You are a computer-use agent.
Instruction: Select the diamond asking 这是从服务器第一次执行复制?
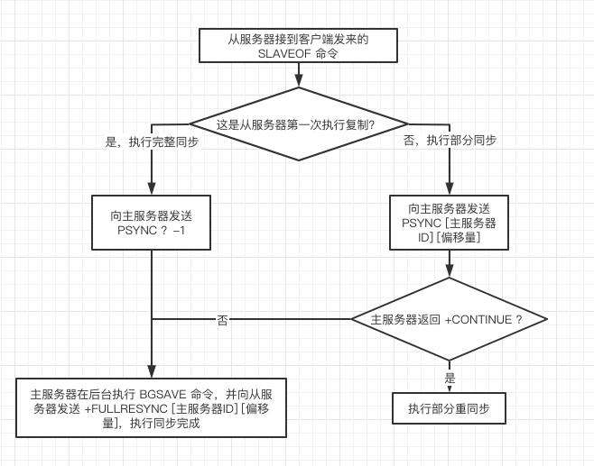pos(297,123)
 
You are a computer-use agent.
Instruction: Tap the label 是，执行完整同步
pos(153,142)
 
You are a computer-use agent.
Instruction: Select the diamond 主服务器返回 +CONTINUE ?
pos(449,319)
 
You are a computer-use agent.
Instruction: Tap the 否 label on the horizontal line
pos(222,319)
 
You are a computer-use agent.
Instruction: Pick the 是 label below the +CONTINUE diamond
pos(450,378)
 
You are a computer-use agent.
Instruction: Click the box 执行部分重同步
pos(449,408)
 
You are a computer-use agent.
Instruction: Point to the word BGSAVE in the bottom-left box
pos(164,394)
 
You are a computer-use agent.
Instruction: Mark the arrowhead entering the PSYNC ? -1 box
pos(152,189)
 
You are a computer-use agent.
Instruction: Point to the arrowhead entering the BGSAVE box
pos(152,371)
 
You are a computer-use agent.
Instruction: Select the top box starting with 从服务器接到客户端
pos(297,45)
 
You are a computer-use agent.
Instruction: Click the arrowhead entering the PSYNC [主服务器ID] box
pos(449,189)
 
